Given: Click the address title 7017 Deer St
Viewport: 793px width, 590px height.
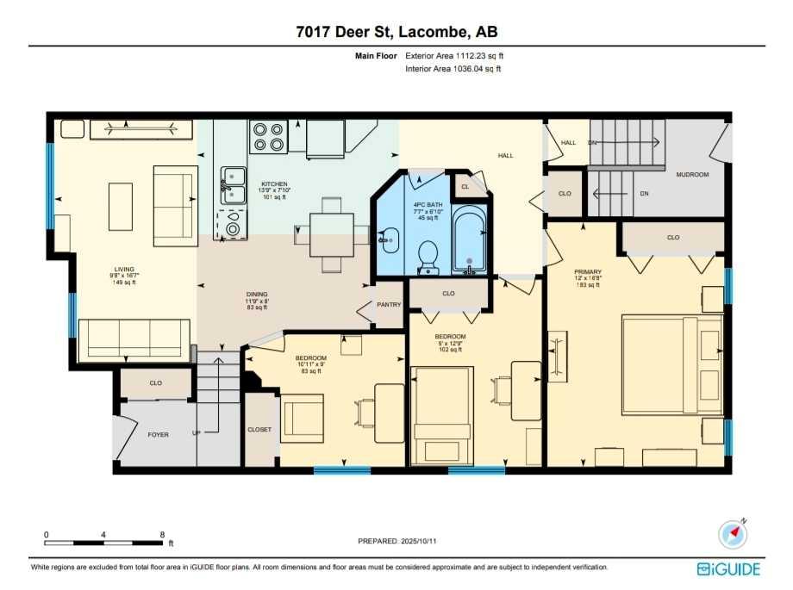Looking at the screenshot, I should click(396, 32).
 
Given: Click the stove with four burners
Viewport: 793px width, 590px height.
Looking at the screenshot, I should click(268, 136).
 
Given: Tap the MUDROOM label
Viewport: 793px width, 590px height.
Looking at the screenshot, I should click(692, 175).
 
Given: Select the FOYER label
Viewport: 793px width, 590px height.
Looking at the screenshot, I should click(158, 435).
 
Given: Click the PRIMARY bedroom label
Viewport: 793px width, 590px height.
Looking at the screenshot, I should click(588, 271).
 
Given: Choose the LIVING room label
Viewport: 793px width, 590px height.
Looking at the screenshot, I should click(125, 270).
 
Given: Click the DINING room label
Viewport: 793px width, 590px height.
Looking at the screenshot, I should click(258, 295).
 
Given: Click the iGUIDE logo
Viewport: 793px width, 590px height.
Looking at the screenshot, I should click(728, 569).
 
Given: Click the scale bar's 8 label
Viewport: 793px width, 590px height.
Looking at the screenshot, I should click(162, 534).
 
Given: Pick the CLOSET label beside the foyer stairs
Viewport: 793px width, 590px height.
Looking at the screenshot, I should click(259, 429).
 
